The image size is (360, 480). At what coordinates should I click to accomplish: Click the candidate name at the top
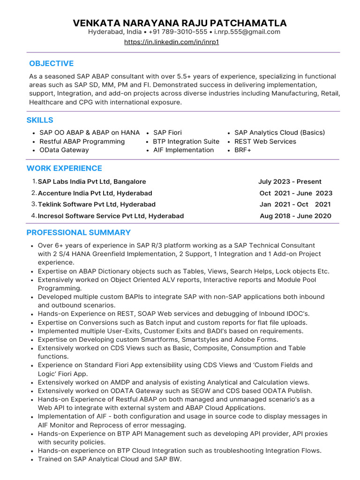[x=180, y=23]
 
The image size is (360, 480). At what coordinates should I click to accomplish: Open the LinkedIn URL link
[x=172, y=42]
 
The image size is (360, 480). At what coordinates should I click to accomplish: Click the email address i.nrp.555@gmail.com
[x=247, y=32]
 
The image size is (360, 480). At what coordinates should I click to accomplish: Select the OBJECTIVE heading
[x=51, y=63]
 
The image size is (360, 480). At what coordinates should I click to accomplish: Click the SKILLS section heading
[x=40, y=120]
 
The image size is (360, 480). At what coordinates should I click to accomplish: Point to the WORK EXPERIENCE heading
[x=64, y=168]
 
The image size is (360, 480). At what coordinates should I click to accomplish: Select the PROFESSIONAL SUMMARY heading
[x=79, y=232]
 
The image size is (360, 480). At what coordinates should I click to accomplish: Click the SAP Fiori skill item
[x=167, y=133]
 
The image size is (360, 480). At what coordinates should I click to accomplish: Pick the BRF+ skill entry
[x=243, y=150]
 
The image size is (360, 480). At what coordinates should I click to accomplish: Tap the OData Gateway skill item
[x=64, y=150]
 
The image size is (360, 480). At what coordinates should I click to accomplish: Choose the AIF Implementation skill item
[x=183, y=150]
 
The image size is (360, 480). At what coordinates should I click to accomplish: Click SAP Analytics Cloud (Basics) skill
[x=279, y=133]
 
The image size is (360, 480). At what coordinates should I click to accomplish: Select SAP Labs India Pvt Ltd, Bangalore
[x=92, y=181]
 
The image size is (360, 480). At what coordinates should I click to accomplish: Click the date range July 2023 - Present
[x=290, y=181]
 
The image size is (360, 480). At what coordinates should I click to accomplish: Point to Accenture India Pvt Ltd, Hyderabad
[x=95, y=193]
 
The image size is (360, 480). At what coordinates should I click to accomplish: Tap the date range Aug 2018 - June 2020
[x=295, y=216]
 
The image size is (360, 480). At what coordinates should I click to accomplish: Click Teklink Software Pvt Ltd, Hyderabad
[x=97, y=204]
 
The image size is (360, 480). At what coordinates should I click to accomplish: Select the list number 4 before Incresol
[x=34, y=216]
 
